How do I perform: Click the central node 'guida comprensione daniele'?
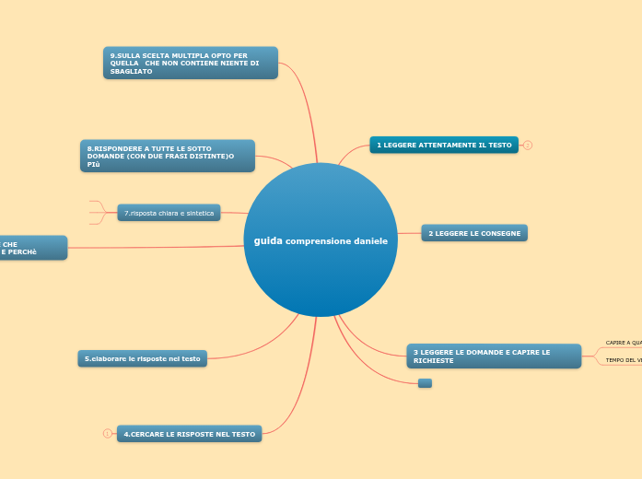point(321,240)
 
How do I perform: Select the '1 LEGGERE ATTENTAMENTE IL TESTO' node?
point(444,145)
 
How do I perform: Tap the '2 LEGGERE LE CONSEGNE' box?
point(474,234)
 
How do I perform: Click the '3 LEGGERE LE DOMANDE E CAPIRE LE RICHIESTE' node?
point(494,356)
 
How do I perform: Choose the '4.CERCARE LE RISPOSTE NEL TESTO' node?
point(189,433)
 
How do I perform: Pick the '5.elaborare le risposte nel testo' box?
point(142,358)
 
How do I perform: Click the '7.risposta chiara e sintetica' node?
point(169,213)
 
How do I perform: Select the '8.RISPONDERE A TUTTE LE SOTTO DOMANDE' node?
point(167,156)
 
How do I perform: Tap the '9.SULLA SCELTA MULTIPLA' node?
point(190,63)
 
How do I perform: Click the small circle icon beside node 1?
point(528,145)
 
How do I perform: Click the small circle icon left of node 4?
point(107,433)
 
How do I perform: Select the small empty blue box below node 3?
point(425,382)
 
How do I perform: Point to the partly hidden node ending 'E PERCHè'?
point(33,248)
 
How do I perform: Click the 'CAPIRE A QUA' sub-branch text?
point(624,343)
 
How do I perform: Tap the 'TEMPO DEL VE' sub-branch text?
point(624,360)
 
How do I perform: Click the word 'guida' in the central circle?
point(268,240)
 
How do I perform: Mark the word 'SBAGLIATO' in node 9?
point(131,71)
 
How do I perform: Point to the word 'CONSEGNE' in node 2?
point(501,234)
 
